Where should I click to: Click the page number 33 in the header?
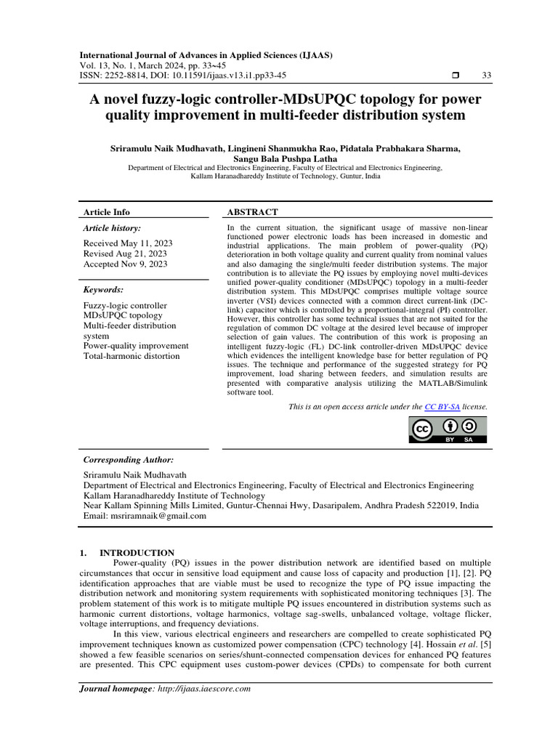coord(486,76)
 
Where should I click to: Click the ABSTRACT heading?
coord(253,212)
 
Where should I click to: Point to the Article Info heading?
coord(107,212)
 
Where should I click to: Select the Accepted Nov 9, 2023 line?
coord(125,264)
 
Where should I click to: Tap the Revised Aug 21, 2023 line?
coord(125,254)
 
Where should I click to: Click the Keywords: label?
coord(105,290)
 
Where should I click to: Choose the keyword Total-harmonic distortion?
coord(132,356)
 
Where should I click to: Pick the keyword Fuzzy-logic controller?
coord(125,306)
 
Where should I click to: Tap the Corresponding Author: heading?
coord(129,460)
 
